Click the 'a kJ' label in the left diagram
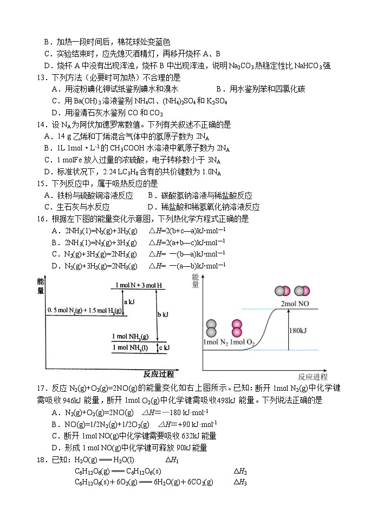point(130,302)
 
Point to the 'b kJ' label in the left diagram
point(163,314)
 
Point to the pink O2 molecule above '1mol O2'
point(237,329)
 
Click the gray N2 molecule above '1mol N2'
point(211,328)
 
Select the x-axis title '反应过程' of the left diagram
point(159,374)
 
